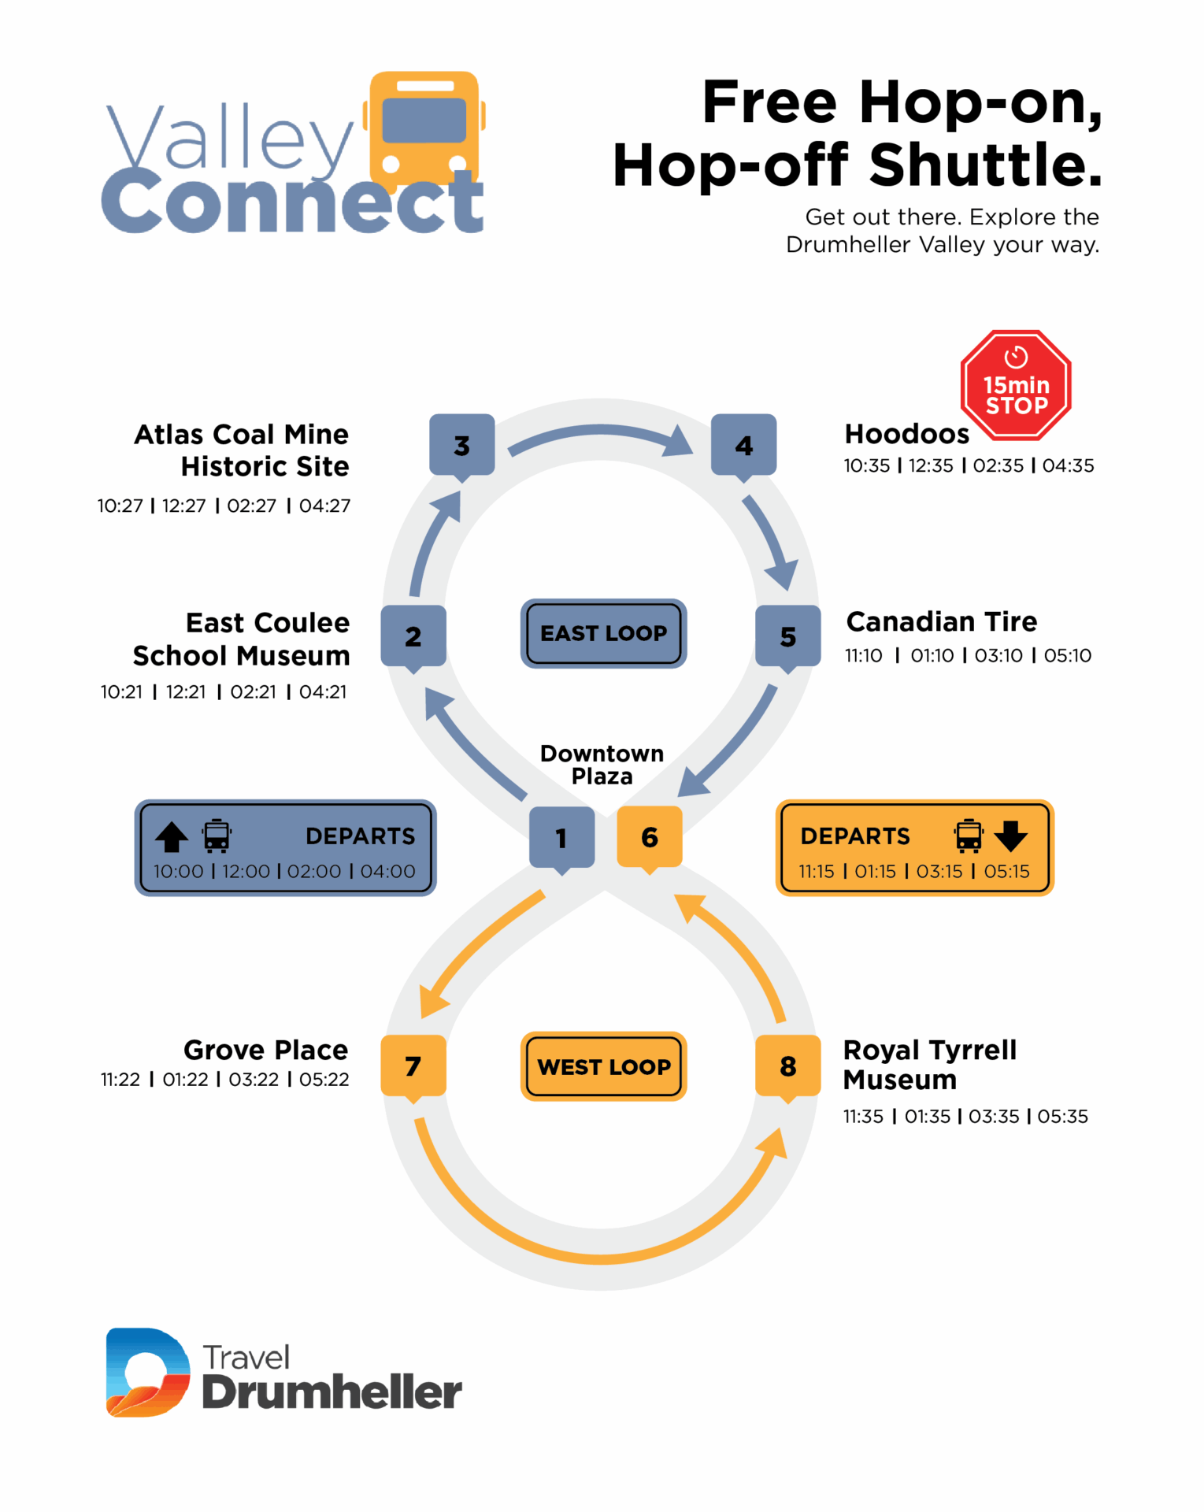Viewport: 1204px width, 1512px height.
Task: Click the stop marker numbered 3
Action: point(462,446)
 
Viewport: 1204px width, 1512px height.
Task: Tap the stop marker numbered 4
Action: point(743,446)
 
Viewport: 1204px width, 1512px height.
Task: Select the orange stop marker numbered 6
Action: point(650,837)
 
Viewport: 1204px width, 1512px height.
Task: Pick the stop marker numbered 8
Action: point(787,1066)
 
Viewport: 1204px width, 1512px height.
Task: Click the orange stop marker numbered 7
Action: point(413,1066)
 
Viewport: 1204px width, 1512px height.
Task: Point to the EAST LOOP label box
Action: point(603,633)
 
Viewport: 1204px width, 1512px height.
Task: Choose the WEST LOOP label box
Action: point(603,1066)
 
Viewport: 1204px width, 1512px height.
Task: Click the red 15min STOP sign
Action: point(1016,385)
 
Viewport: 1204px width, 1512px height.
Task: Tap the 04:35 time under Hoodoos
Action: point(1069,466)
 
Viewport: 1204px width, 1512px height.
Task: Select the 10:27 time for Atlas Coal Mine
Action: point(120,506)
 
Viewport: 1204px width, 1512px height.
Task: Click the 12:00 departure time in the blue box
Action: point(246,872)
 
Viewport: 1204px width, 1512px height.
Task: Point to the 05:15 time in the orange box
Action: point(1007,872)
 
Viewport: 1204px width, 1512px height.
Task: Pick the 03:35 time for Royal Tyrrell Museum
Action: point(994,1117)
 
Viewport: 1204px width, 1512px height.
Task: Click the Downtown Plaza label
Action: point(602,765)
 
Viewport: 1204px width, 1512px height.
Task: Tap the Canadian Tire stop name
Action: point(942,622)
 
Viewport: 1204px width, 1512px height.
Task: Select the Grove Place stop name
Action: point(266,1051)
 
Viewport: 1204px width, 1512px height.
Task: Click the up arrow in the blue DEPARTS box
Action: point(172,837)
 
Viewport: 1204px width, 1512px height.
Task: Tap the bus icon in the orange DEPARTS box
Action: point(969,836)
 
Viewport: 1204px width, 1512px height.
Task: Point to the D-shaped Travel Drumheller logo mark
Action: point(148,1373)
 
